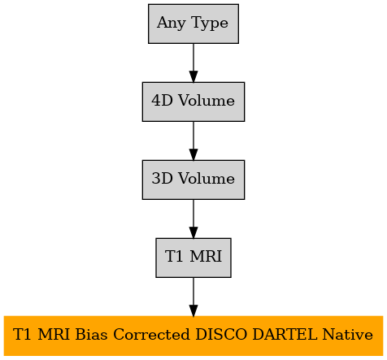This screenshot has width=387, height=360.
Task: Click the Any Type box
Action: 193,24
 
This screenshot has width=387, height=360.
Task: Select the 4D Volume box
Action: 193,102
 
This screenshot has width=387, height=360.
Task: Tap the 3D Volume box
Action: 193,180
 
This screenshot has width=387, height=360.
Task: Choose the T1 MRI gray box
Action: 193,258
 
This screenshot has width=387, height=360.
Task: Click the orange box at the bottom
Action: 193,336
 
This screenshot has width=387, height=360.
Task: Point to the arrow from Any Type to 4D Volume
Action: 193,63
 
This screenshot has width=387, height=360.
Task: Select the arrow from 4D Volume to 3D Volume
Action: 193,141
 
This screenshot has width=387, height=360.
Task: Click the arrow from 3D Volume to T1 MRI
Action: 193,219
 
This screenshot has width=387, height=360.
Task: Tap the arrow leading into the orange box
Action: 193,297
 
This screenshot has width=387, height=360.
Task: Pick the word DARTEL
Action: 285,334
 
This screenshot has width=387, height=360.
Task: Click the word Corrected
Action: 151,334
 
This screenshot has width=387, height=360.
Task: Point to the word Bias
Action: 91,334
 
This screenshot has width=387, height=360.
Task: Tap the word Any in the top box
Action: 171,23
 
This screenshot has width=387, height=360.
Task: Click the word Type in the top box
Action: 210,23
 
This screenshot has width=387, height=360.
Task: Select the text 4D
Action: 162,101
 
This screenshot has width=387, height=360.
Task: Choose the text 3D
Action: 162,179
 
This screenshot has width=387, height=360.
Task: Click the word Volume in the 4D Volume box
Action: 207,101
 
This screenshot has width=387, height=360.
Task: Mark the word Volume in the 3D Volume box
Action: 207,179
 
